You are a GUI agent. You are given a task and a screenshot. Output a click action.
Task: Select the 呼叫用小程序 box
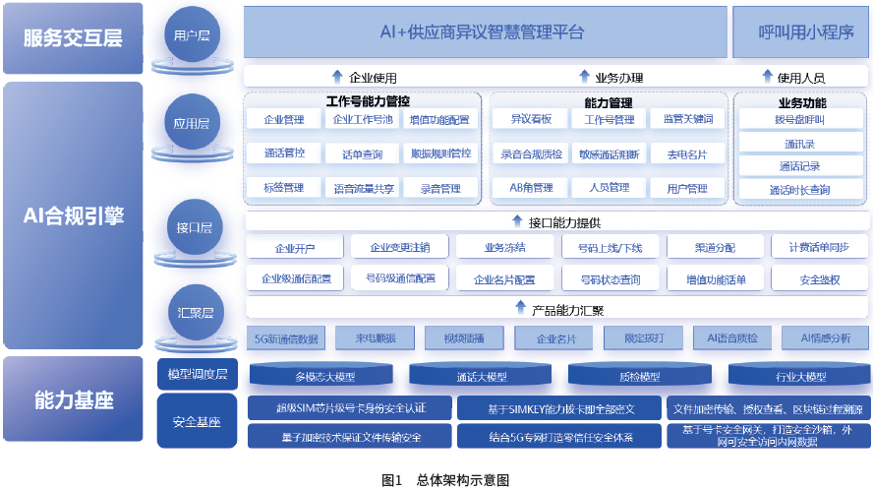(800, 31)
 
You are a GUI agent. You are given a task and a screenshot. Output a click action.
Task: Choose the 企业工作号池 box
(363, 120)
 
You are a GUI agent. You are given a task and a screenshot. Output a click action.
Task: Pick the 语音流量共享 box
(363, 188)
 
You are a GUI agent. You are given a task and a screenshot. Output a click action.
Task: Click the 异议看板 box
(530, 120)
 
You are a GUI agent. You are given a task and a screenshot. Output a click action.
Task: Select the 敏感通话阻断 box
(610, 154)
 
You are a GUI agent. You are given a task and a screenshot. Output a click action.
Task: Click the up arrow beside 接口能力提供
(518, 221)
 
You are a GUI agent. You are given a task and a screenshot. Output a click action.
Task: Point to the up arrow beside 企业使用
(337, 77)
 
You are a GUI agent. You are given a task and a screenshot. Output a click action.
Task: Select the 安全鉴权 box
(819, 279)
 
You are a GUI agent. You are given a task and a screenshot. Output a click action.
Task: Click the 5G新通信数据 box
(286, 338)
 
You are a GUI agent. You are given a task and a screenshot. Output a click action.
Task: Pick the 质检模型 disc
(641, 376)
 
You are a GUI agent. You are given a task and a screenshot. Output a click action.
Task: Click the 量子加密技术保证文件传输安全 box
(349, 436)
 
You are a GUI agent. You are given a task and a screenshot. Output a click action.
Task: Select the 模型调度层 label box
(197, 374)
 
